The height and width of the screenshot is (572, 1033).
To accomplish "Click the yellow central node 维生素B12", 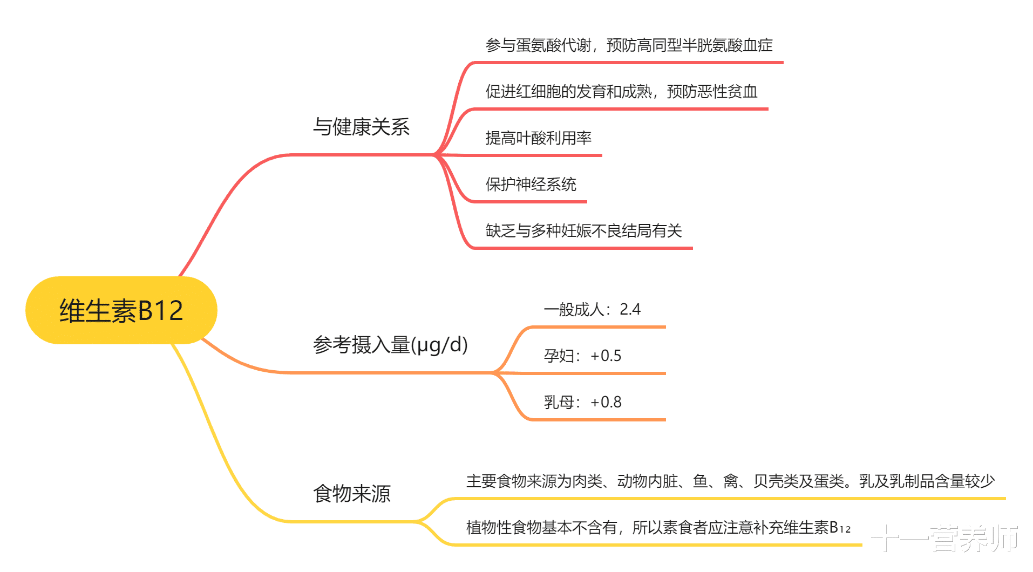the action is (121, 310).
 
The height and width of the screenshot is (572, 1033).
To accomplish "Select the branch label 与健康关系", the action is (361, 127).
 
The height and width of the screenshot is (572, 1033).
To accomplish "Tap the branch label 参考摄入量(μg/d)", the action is (390, 345).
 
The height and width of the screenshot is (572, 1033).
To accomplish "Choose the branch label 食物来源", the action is (352, 493).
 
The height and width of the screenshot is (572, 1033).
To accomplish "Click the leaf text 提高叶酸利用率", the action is (538, 138).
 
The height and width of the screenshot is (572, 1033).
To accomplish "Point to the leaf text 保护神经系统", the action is (531, 185).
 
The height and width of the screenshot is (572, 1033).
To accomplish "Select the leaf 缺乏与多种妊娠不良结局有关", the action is (583, 231).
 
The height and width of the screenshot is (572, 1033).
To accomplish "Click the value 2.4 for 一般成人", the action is (630, 309).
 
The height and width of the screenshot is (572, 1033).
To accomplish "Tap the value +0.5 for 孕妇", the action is (606, 356).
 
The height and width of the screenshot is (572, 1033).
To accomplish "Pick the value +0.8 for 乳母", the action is (606, 402).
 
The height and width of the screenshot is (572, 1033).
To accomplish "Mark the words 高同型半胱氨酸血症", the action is (705, 45).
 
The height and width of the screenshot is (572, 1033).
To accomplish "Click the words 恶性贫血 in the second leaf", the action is (728, 92).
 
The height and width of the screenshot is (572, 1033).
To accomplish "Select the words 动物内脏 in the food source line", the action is (647, 481).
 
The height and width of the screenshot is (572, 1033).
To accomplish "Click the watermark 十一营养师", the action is (944, 539).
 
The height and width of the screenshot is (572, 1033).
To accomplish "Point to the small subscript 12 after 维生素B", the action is (845, 530).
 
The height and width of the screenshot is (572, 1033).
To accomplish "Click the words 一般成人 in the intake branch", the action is (574, 309).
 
